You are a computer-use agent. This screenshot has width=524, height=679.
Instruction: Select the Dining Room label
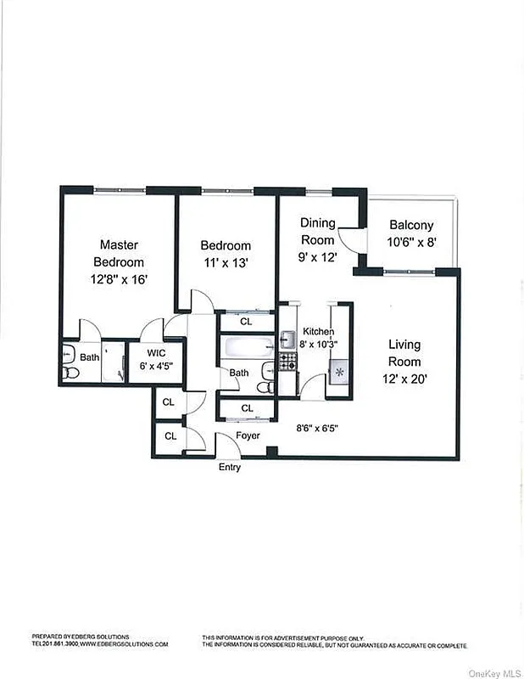pyautogui.click(x=318, y=231)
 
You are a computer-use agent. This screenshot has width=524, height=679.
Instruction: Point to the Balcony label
pyautogui.click(x=411, y=226)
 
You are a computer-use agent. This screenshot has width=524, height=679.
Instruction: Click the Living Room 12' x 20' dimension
pyautogui.click(x=404, y=379)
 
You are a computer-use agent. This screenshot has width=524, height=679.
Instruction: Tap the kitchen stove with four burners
pyautogui.click(x=288, y=362)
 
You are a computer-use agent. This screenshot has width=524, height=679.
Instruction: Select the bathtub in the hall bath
pyautogui.click(x=247, y=345)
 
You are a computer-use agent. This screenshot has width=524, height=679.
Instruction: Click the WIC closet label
pyautogui.click(x=156, y=352)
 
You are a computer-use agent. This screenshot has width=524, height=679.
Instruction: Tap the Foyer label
pyautogui.click(x=248, y=435)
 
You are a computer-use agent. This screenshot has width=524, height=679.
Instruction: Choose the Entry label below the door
pyautogui.click(x=230, y=468)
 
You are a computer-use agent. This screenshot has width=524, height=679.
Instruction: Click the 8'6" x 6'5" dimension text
pyautogui.click(x=317, y=428)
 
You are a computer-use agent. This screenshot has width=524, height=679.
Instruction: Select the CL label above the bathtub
pyautogui.click(x=246, y=322)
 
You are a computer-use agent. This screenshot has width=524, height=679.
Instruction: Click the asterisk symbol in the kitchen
pyautogui.click(x=338, y=372)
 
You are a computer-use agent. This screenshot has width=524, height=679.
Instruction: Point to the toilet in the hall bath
pyautogui.click(x=265, y=387)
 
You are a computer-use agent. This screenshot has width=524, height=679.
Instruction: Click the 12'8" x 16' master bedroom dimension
pyautogui.click(x=119, y=278)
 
